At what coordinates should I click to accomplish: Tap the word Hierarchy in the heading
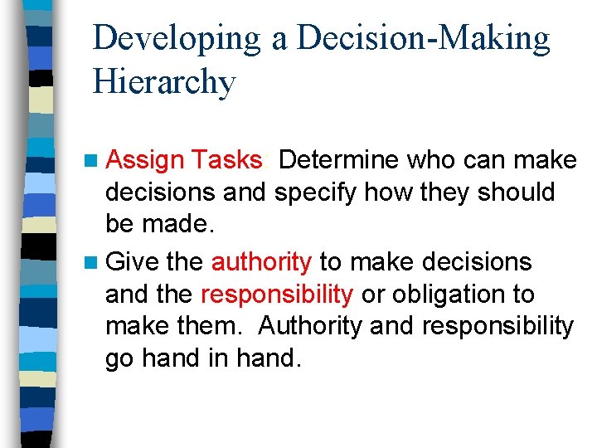point(164,83)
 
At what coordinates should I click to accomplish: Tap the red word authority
point(261,263)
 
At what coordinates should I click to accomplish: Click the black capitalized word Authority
point(310,327)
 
